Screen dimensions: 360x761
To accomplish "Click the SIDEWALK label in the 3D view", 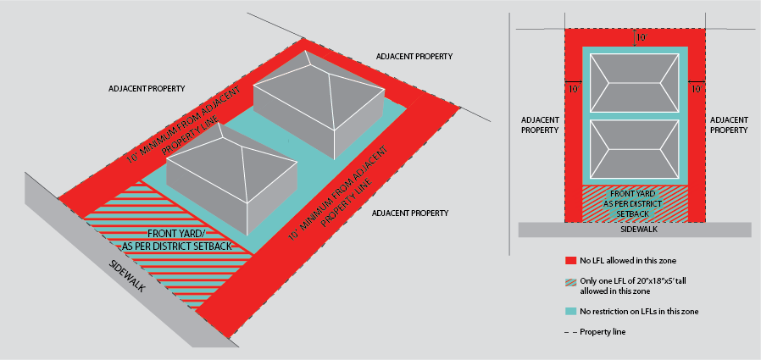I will [127, 276].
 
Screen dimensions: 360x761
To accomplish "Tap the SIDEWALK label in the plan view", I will [634, 230].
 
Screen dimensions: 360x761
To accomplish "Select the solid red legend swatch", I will [570, 260].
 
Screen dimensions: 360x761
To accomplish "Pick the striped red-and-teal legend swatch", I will [570, 285].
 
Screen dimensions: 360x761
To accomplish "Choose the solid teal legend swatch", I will [570, 312].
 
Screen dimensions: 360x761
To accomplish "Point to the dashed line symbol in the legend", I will [570, 332].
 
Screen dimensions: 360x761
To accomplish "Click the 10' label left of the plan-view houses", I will [574, 87].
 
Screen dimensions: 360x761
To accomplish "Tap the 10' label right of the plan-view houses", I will [697, 87].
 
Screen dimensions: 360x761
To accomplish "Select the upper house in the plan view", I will [635, 84].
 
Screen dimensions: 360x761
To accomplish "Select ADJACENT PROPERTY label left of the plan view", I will [540, 125].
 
